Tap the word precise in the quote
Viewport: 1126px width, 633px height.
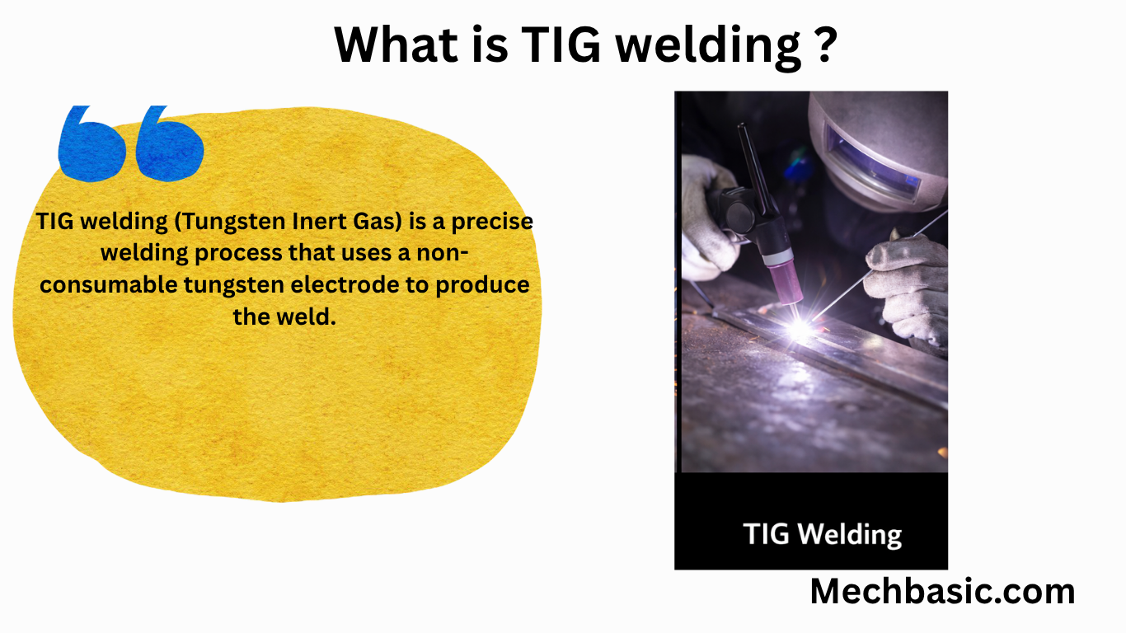[492, 223]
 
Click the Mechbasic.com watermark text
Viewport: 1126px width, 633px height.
[942, 592]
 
